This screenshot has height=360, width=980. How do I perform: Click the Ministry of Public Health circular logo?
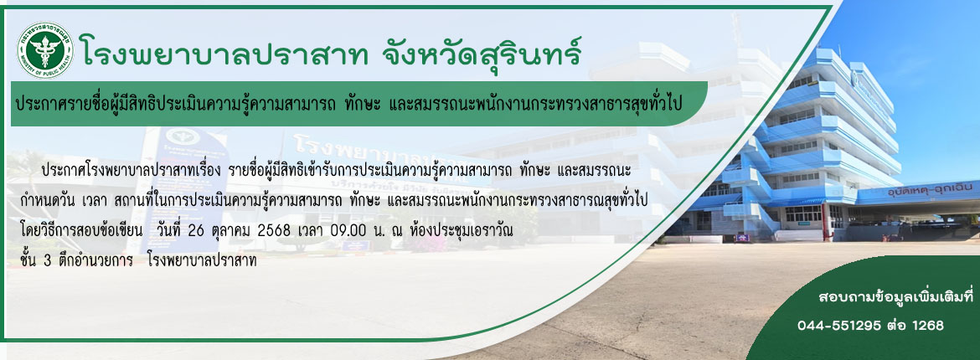click(45, 50)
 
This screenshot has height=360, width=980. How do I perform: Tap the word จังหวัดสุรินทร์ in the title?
click(482, 50)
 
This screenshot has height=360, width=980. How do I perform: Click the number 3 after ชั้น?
click(48, 262)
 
